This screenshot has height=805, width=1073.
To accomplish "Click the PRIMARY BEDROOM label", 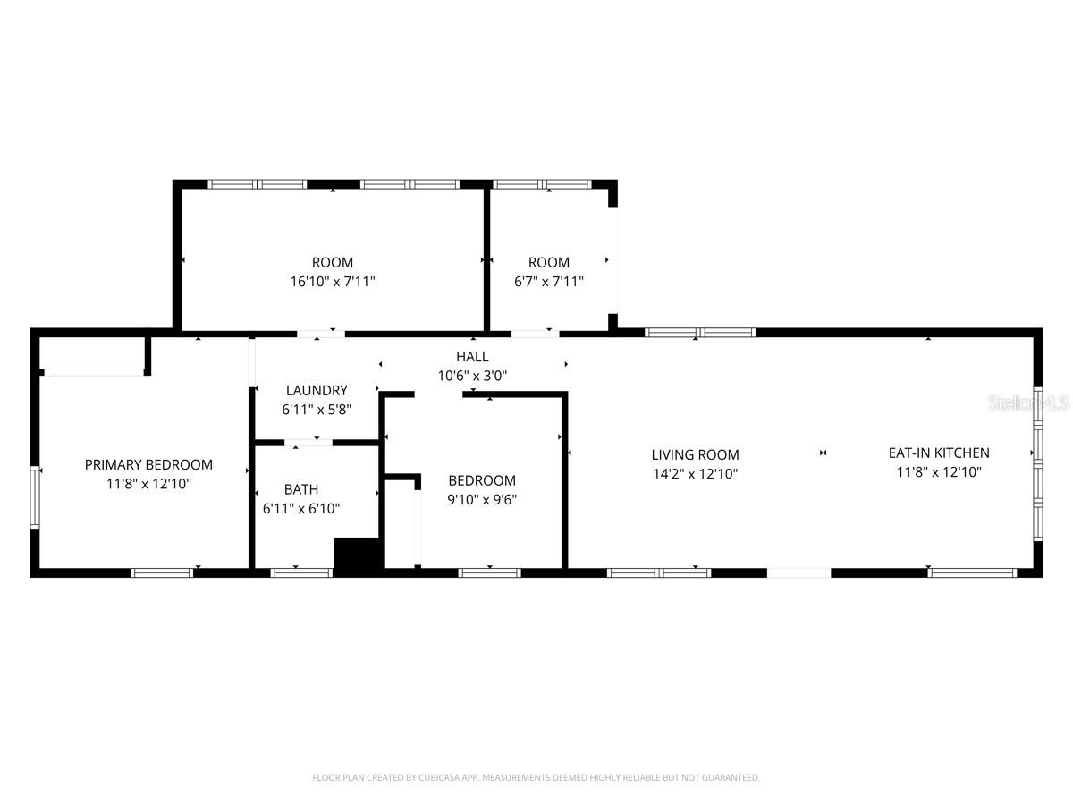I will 148,464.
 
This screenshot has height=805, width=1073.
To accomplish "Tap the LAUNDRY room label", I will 317,390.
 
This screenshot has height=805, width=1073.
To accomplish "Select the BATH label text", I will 301,489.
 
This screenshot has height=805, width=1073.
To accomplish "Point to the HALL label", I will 472,357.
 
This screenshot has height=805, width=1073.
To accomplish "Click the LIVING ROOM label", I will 695,454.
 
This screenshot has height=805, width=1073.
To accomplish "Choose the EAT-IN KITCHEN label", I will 939,453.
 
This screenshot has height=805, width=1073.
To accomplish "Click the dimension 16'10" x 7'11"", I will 333,281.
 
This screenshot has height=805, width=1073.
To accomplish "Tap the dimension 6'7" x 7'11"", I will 549,281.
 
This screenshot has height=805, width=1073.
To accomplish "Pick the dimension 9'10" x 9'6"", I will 482,500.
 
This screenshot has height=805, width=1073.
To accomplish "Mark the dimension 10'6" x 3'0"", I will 472,376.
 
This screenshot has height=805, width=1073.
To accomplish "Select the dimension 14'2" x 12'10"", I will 695,474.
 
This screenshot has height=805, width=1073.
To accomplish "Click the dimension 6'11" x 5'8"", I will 317,410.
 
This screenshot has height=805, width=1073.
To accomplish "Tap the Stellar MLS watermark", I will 1028,404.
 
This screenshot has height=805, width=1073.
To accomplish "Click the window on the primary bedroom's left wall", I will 35,497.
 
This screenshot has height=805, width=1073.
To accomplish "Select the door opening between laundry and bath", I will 308,442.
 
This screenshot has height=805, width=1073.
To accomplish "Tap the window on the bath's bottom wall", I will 295,572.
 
